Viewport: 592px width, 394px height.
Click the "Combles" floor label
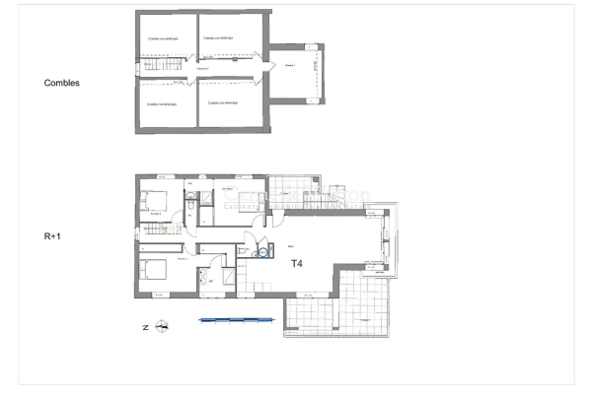coord(62,84)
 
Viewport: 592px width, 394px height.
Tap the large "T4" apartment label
coord(297,264)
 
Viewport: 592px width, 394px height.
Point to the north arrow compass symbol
coord(163,324)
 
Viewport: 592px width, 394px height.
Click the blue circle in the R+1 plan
coord(261,252)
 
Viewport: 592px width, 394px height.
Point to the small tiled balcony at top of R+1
coord(294,188)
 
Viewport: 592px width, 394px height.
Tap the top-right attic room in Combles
coord(230,39)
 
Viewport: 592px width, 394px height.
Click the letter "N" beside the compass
coord(144,325)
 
